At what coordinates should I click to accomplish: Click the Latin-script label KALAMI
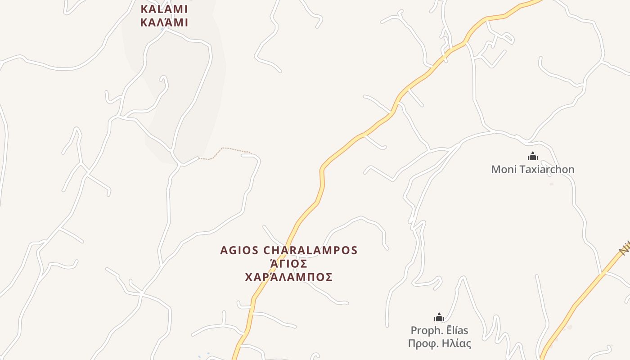point(164,9)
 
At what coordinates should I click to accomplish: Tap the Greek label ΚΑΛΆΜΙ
point(164,22)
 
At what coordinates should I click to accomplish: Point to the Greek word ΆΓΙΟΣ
point(288,264)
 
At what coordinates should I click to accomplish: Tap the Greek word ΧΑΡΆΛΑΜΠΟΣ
point(288,277)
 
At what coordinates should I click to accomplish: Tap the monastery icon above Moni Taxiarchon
point(533,157)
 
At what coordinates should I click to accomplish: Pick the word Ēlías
point(457,331)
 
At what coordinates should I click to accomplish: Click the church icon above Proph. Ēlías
point(439,318)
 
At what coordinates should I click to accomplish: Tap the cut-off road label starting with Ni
point(625,247)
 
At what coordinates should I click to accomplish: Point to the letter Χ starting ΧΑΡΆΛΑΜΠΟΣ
point(249,277)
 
